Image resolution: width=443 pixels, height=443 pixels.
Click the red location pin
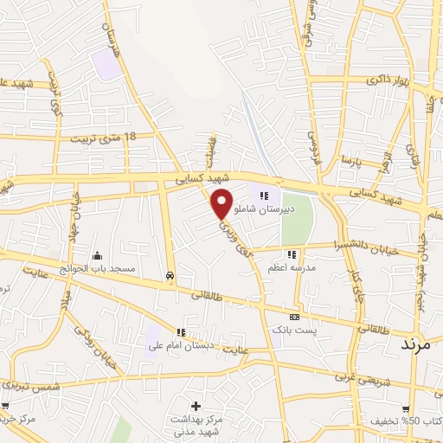pyautogui.click(x=222, y=202)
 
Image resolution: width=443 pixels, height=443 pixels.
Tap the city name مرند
pyautogui.click(x=421, y=343)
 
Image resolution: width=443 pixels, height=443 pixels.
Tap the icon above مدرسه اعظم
pyautogui.click(x=292, y=254)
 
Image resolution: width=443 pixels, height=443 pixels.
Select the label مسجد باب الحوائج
pyautogui.click(x=99, y=269)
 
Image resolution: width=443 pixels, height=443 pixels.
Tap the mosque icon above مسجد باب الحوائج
pyautogui.click(x=96, y=256)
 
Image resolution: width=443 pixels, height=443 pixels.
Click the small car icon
pyautogui.click(x=170, y=276)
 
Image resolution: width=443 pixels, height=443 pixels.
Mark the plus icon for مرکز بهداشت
pyautogui.click(x=196, y=405)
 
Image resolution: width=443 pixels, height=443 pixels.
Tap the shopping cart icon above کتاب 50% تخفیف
pyautogui.click(x=406, y=409)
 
